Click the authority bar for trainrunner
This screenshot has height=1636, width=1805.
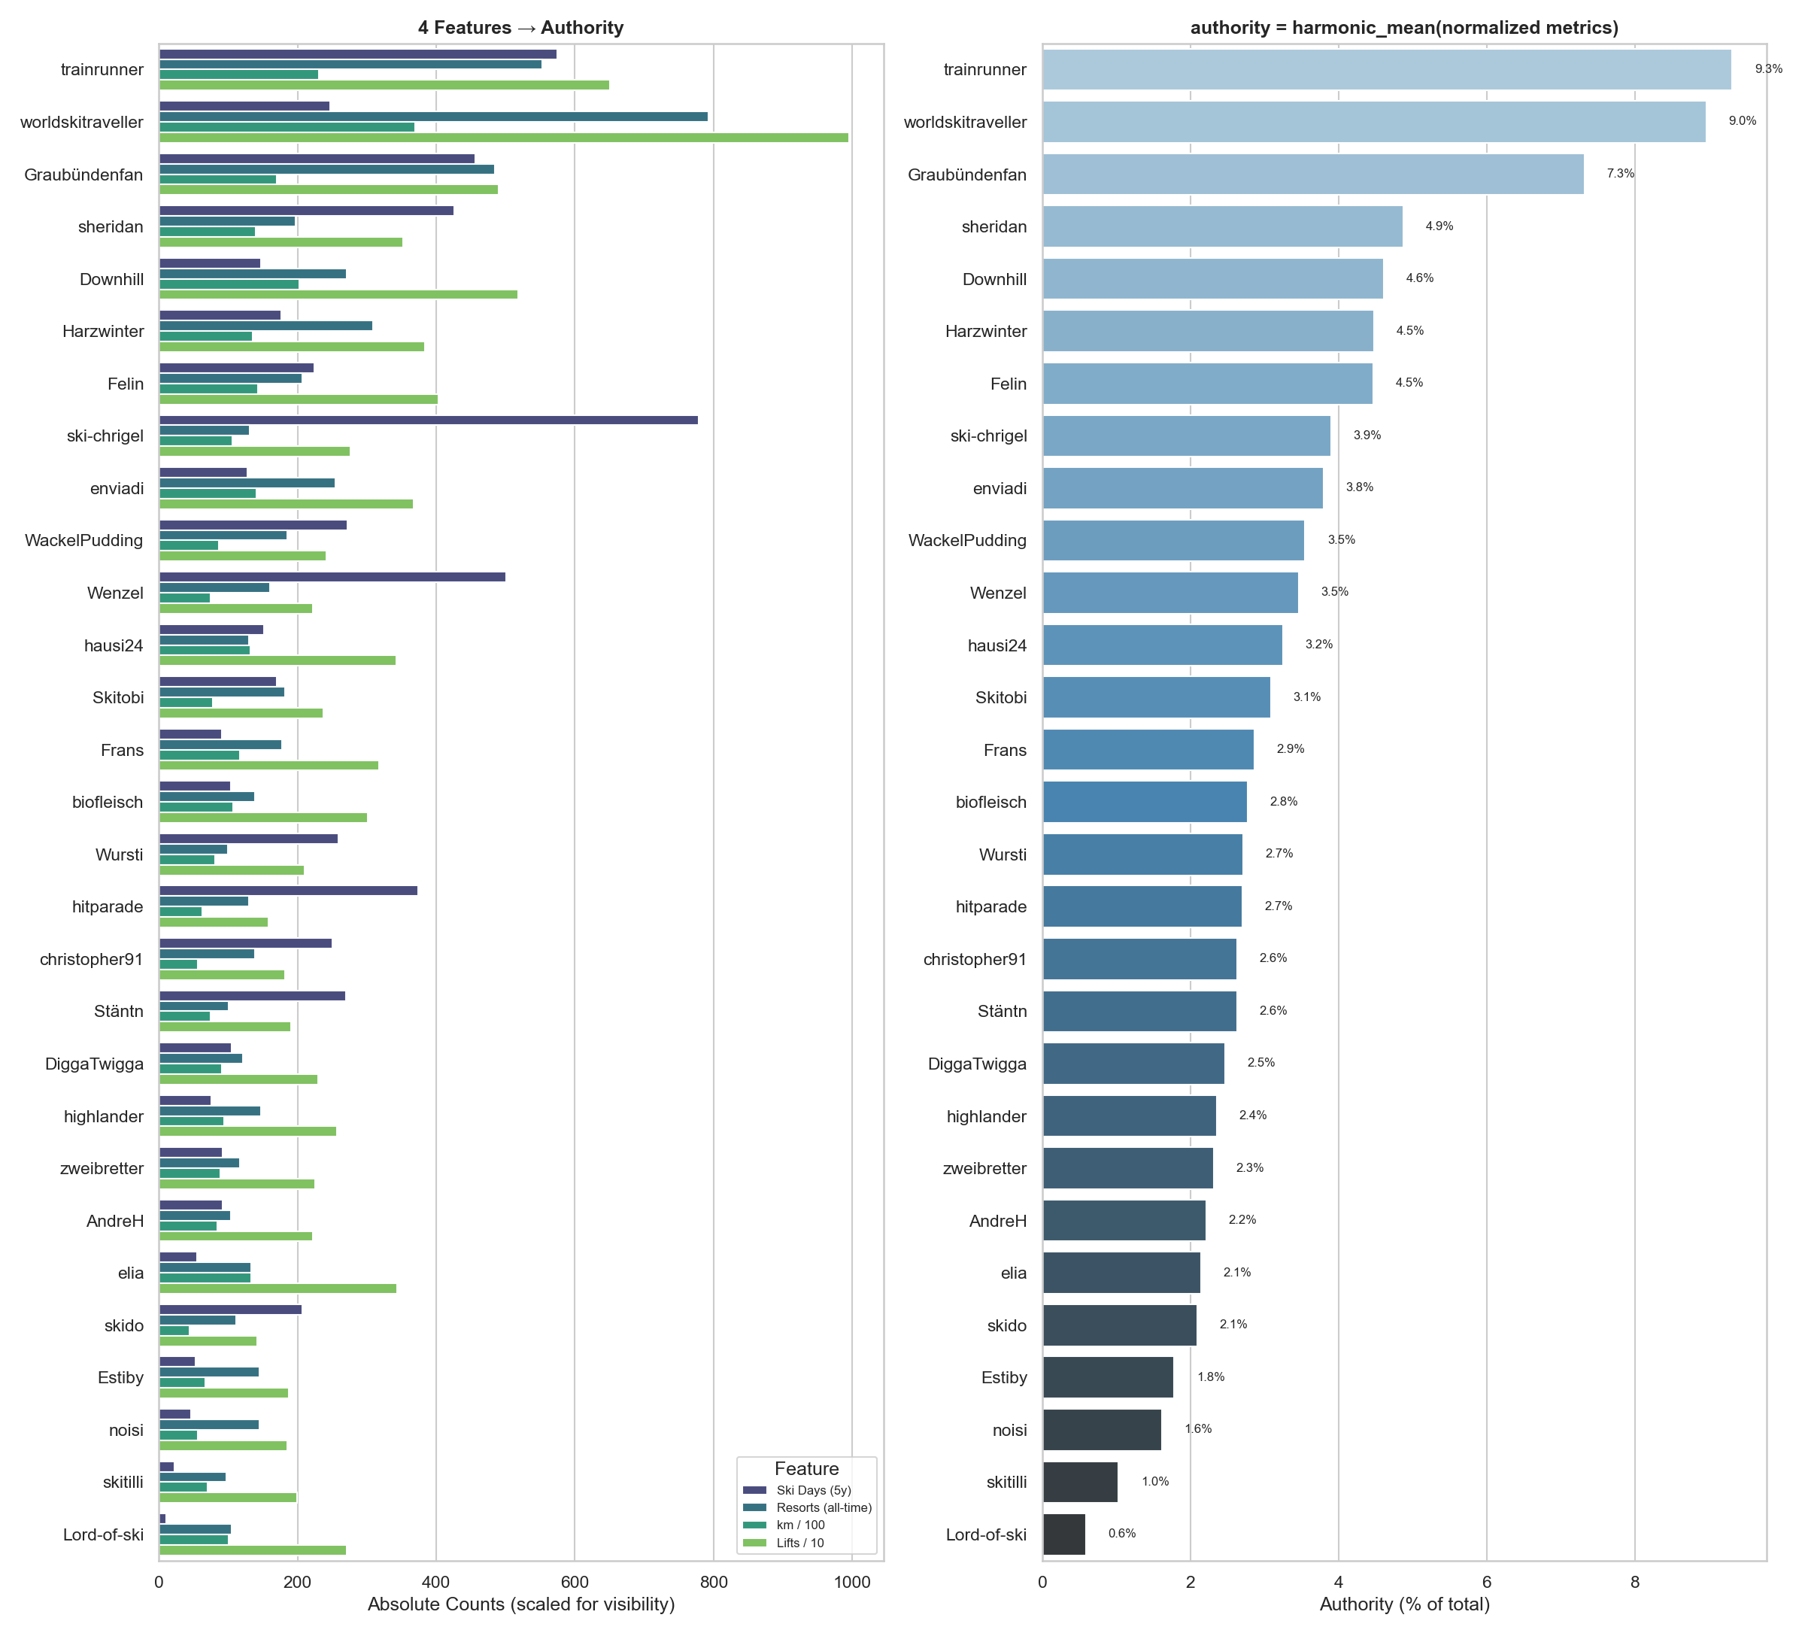coord(1386,70)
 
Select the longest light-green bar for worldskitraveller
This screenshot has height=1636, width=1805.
coord(503,138)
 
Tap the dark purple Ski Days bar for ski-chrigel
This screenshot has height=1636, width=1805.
coord(428,420)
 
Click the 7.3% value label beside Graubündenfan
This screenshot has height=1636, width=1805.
coord(1620,174)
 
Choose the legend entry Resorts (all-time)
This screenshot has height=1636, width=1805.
coord(823,1508)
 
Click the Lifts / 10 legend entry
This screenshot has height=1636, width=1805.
coord(799,1543)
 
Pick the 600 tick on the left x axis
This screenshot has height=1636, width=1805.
coord(575,1583)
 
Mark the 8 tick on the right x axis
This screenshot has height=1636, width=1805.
coord(1634,1583)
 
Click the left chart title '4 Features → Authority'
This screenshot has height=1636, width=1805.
coord(520,28)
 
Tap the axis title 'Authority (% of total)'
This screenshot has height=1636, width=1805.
coord(1404,1604)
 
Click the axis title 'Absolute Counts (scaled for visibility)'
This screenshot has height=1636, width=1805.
coord(520,1604)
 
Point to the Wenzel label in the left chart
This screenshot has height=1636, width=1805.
coord(116,593)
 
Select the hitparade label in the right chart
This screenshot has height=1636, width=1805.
coord(990,907)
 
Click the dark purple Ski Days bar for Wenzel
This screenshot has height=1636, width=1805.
coord(332,577)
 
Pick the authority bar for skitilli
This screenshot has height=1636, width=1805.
coord(1080,1482)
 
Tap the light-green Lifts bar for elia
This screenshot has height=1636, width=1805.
coord(278,1288)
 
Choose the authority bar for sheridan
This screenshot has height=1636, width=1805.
coord(1222,226)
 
